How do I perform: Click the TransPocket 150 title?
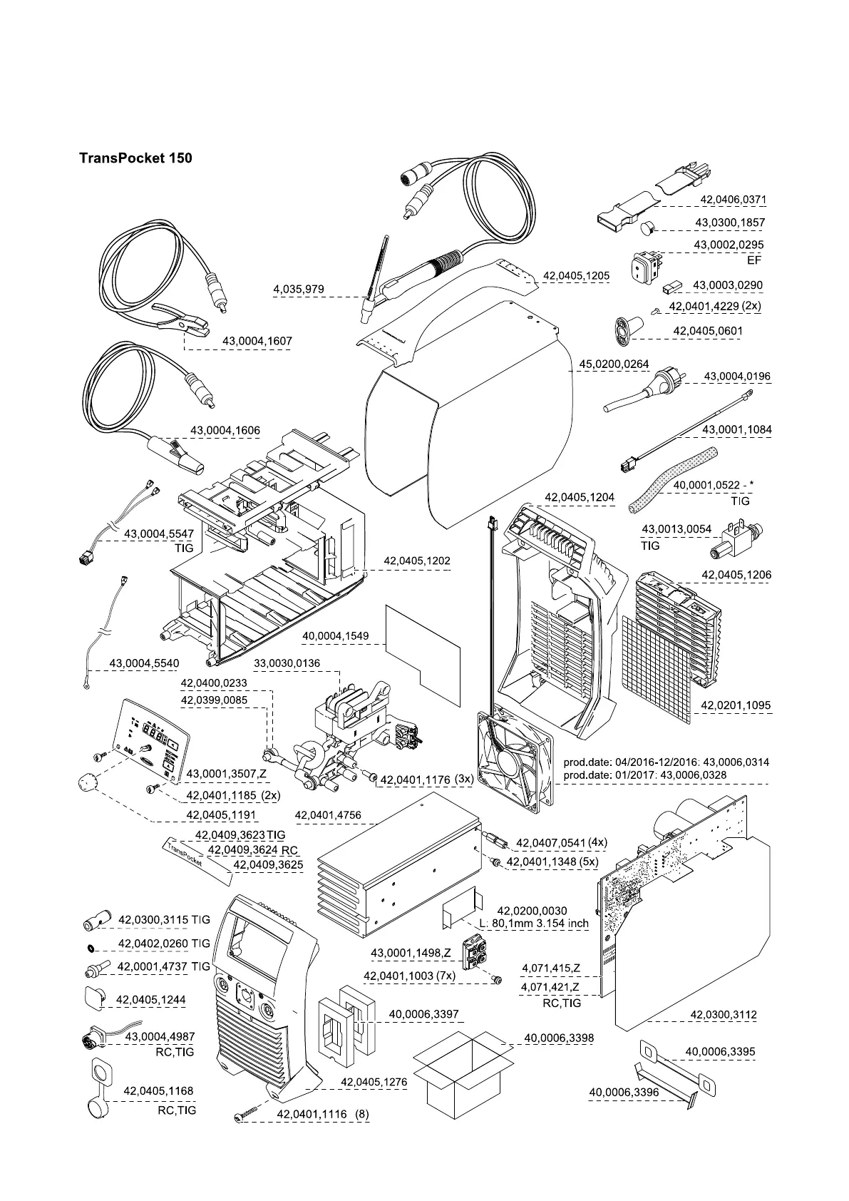135,158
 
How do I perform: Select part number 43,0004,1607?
257,342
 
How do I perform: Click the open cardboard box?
464,1077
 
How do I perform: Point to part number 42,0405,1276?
374,1082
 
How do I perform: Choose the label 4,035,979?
299,289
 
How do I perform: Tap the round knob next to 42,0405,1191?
86,782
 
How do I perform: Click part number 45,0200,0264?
614,364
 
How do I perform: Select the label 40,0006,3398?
559,1038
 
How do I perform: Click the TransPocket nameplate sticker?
182,855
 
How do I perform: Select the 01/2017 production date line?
666,775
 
